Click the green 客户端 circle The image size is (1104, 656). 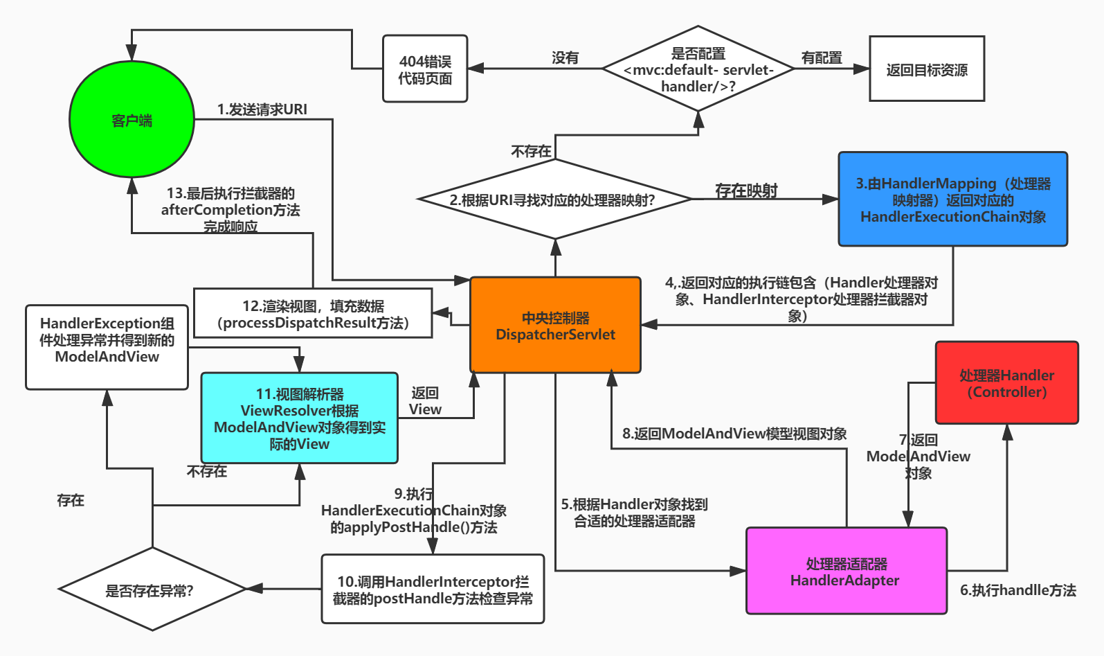132,119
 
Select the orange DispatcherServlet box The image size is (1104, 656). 555,326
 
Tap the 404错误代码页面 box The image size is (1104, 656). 425,69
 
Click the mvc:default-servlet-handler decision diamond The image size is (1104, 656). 698,69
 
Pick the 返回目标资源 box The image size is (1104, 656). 926,69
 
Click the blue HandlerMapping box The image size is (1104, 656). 952,200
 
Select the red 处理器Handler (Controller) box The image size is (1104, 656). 1006,383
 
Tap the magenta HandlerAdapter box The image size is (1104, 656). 846,571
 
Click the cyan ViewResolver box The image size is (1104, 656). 299,418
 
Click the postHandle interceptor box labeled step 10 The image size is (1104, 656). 433,589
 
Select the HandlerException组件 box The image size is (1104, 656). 107,347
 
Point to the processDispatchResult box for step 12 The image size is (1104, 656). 313,314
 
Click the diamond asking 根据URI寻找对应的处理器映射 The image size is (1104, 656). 555,200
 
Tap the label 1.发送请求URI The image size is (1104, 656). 262,109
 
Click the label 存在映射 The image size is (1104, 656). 746,190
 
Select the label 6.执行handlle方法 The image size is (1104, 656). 1017,590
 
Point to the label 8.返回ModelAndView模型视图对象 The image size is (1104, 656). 734,434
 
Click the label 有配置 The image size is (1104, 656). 822,57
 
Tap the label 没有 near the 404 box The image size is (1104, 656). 565,57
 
